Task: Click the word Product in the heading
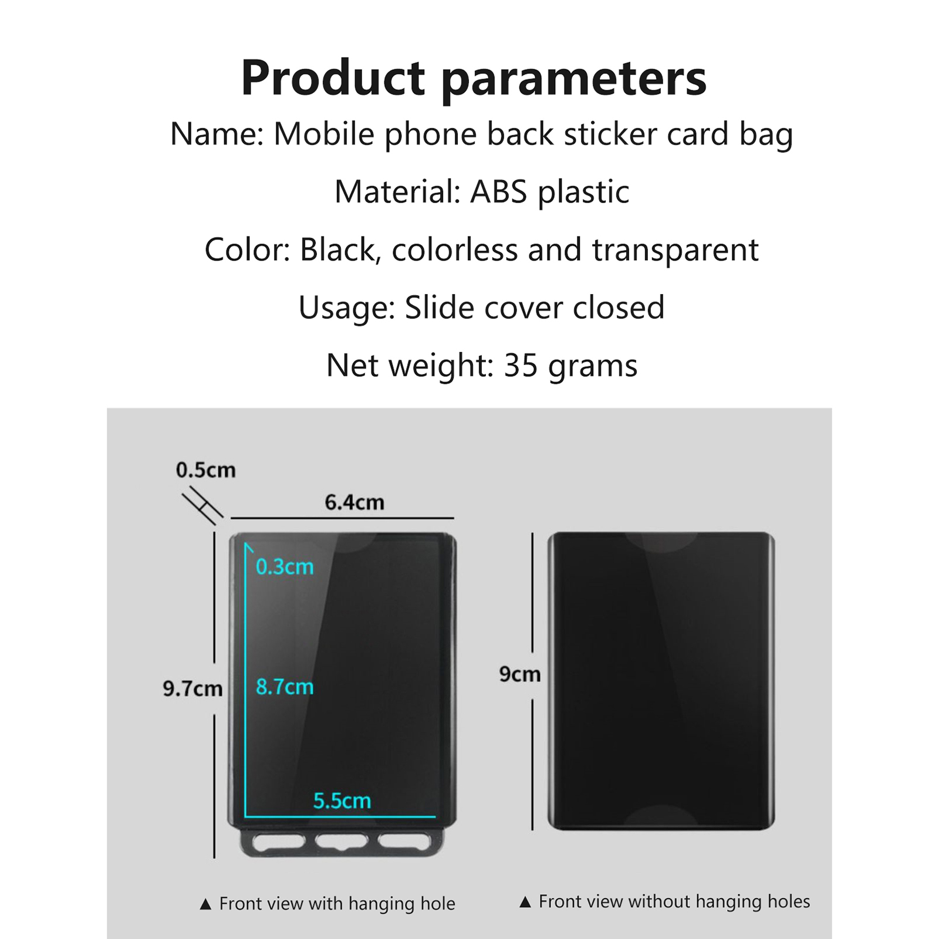point(333,77)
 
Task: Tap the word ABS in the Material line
point(499,192)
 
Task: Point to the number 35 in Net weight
point(521,366)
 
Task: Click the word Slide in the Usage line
point(440,308)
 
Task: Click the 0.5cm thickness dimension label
point(205,470)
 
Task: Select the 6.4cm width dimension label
point(354,502)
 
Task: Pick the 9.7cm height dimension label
point(192,688)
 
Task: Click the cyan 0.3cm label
point(285,567)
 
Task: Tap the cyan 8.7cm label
point(285,687)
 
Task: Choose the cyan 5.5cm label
point(342,801)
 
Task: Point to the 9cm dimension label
point(520,674)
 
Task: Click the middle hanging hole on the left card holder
point(341,842)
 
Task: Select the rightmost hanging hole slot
point(404,842)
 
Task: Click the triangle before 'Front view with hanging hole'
point(205,904)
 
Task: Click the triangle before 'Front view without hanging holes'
point(525,902)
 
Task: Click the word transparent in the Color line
point(675,251)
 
